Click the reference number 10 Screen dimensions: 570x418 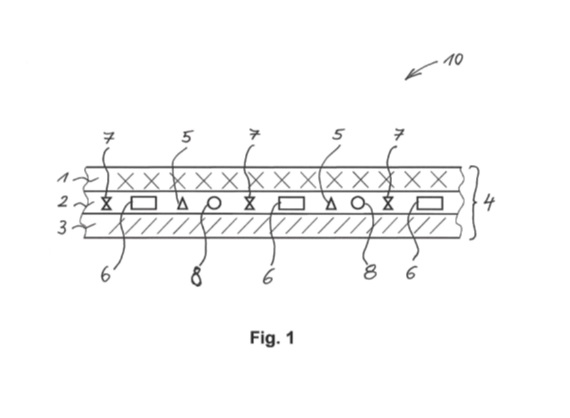point(454,60)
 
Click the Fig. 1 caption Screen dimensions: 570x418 point(272,338)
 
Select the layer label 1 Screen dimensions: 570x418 point(63,178)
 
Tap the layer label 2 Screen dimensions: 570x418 point(63,201)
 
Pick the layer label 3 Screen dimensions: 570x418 point(63,228)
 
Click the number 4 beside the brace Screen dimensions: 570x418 point(489,202)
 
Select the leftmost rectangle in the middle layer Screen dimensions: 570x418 point(144,203)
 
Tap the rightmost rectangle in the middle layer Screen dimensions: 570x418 point(430,203)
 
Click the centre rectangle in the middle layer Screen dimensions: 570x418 point(292,203)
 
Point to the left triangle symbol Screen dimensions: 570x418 point(182,204)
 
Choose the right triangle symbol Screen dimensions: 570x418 point(330,204)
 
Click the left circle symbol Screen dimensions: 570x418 point(214,203)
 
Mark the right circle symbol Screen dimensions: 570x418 point(358,203)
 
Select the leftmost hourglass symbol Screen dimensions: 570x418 point(106,204)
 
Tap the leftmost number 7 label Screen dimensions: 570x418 point(109,138)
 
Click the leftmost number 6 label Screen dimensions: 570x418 point(105,275)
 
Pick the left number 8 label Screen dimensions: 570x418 point(196,276)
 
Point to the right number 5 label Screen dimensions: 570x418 point(338,134)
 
